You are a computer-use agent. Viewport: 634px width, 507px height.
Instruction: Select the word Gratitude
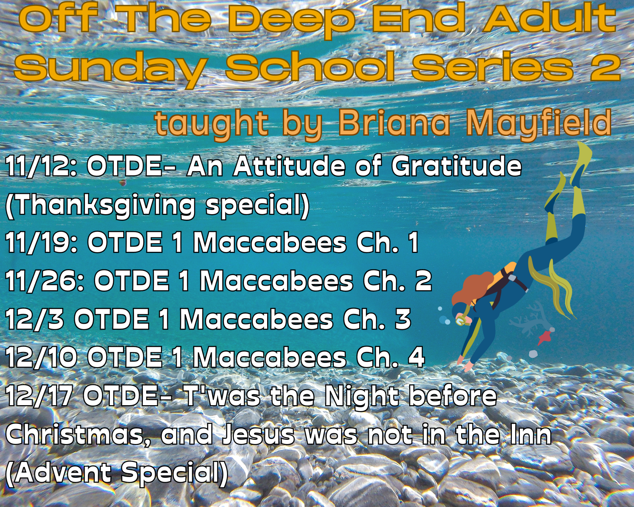pos(456,166)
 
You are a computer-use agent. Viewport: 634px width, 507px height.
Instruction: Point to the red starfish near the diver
pos(544,337)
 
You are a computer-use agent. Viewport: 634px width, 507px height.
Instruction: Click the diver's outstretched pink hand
pos(467,365)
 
